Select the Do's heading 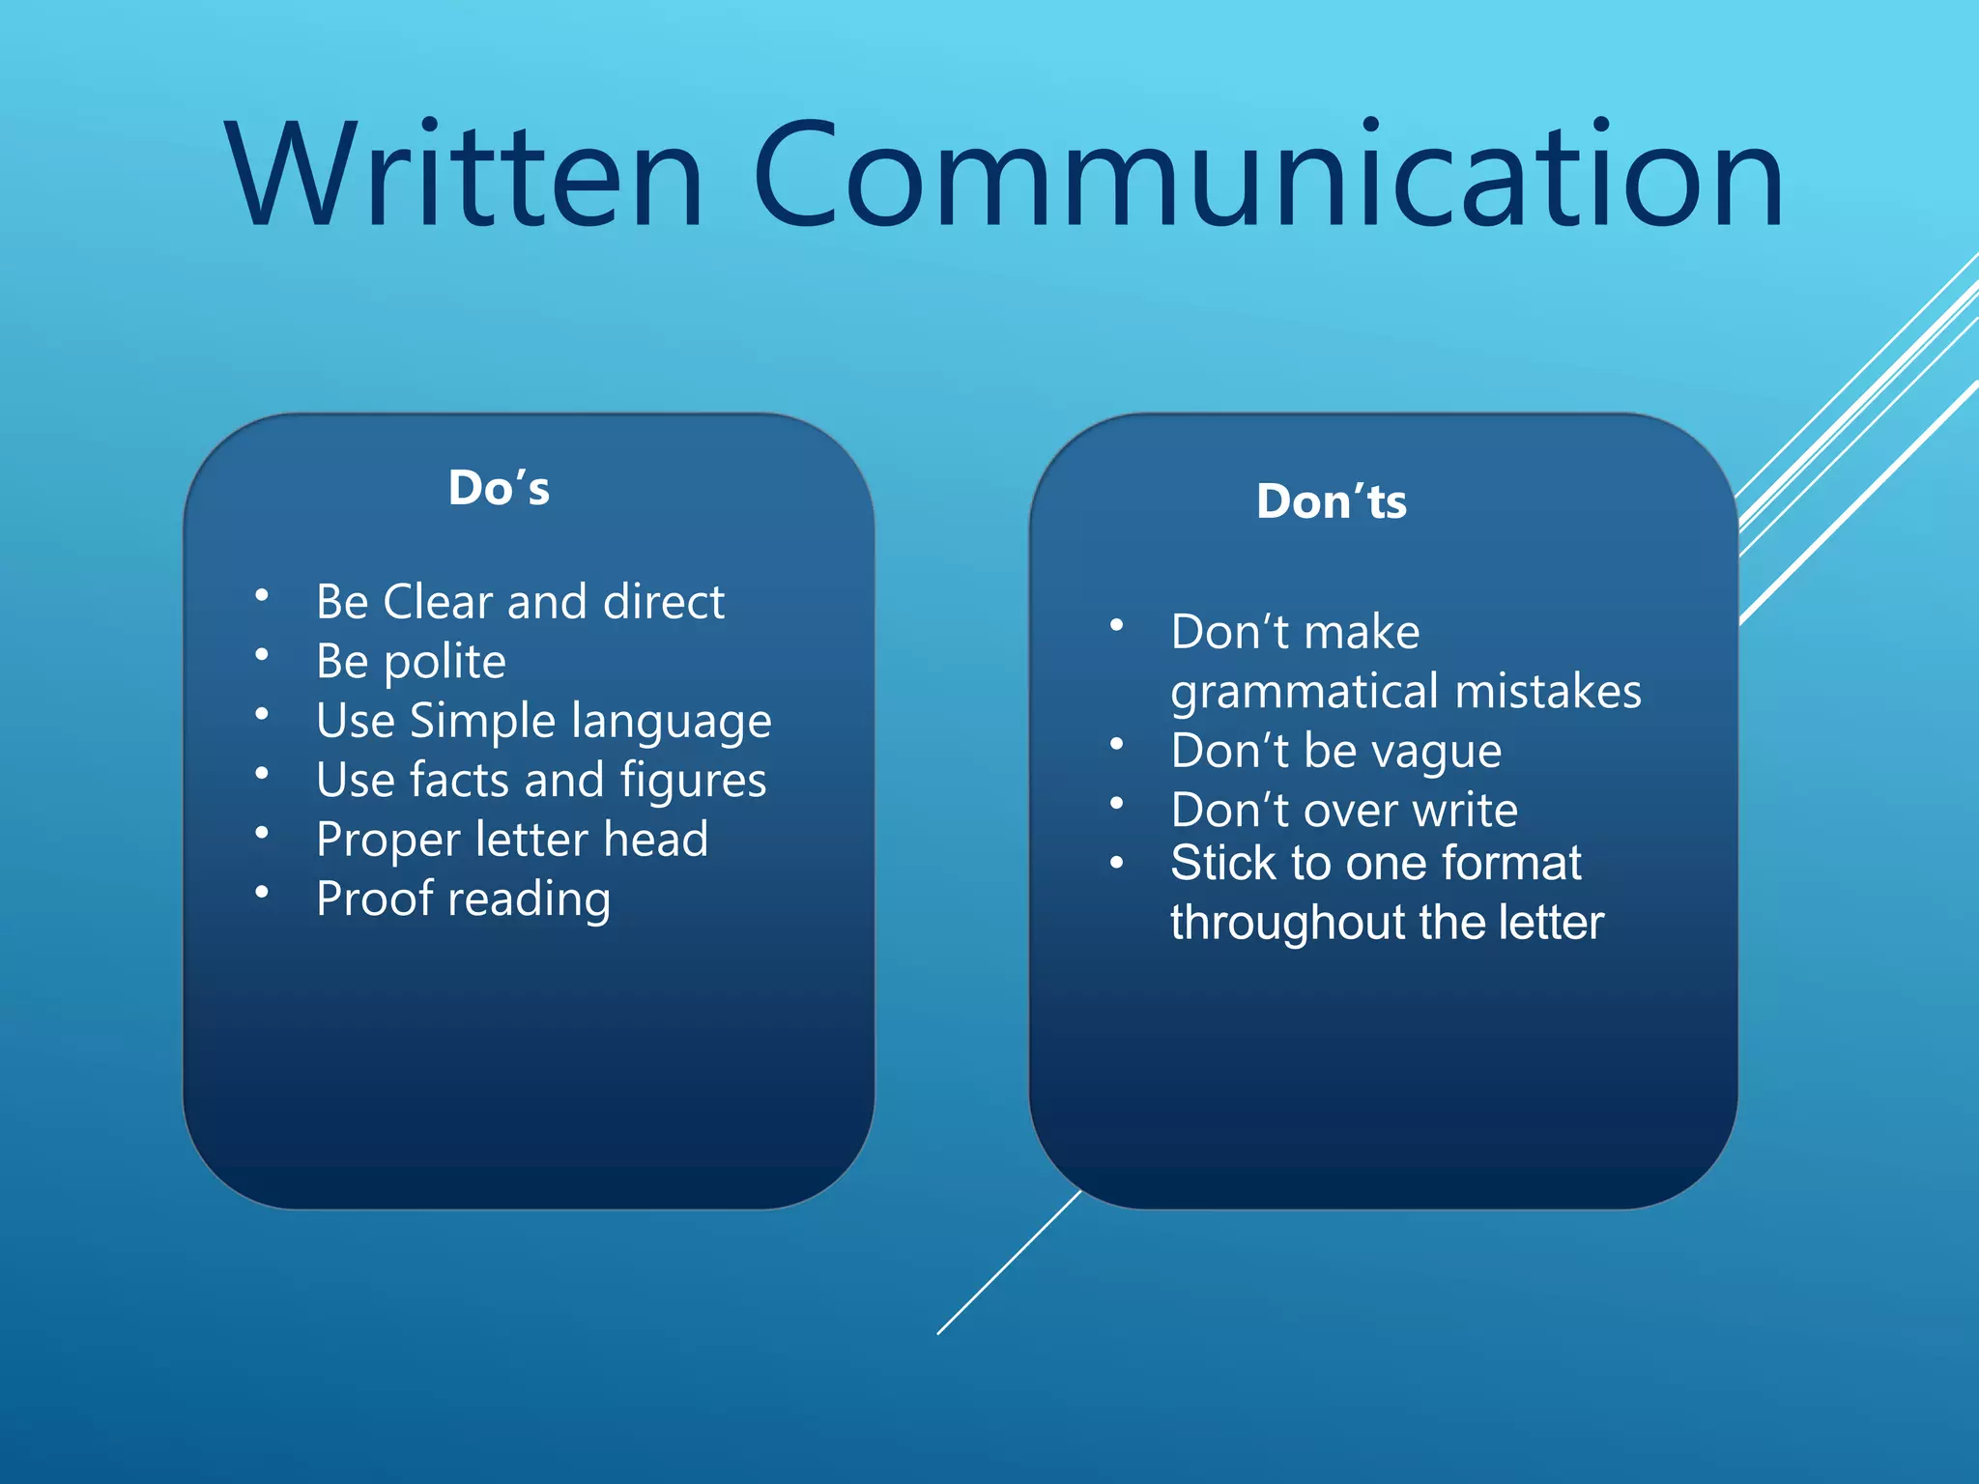coord(499,488)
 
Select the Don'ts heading coord(1331,501)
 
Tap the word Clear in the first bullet coord(438,602)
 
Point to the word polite coord(445,663)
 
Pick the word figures coord(693,782)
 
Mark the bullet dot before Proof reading coord(261,893)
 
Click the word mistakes coord(1548,692)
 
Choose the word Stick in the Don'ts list coord(1221,863)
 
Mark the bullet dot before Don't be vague coord(1117,745)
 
